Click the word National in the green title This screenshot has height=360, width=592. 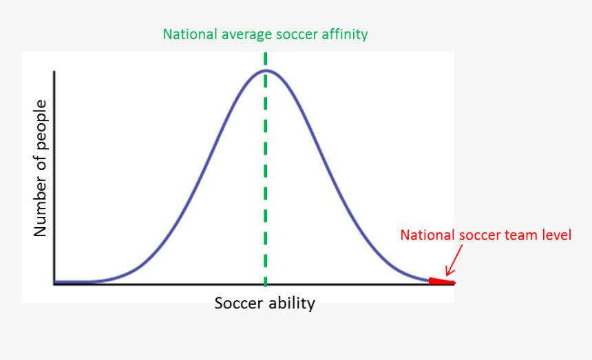(x=190, y=34)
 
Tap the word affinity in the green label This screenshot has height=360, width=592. (x=344, y=34)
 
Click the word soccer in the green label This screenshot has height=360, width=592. (x=297, y=34)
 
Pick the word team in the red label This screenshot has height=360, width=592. (x=521, y=236)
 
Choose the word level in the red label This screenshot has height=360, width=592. (x=557, y=235)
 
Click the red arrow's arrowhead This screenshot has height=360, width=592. (x=448, y=273)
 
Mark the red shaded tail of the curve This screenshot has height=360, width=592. (x=441, y=281)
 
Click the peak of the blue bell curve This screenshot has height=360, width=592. (x=266, y=71)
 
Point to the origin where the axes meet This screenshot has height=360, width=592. (x=55, y=284)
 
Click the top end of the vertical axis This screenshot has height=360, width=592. (x=55, y=71)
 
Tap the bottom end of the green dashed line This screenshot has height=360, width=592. (x=266, y=286)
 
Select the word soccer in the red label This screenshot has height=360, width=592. (x=480, y=236)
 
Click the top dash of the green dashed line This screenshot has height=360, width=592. (x=266, y=58)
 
